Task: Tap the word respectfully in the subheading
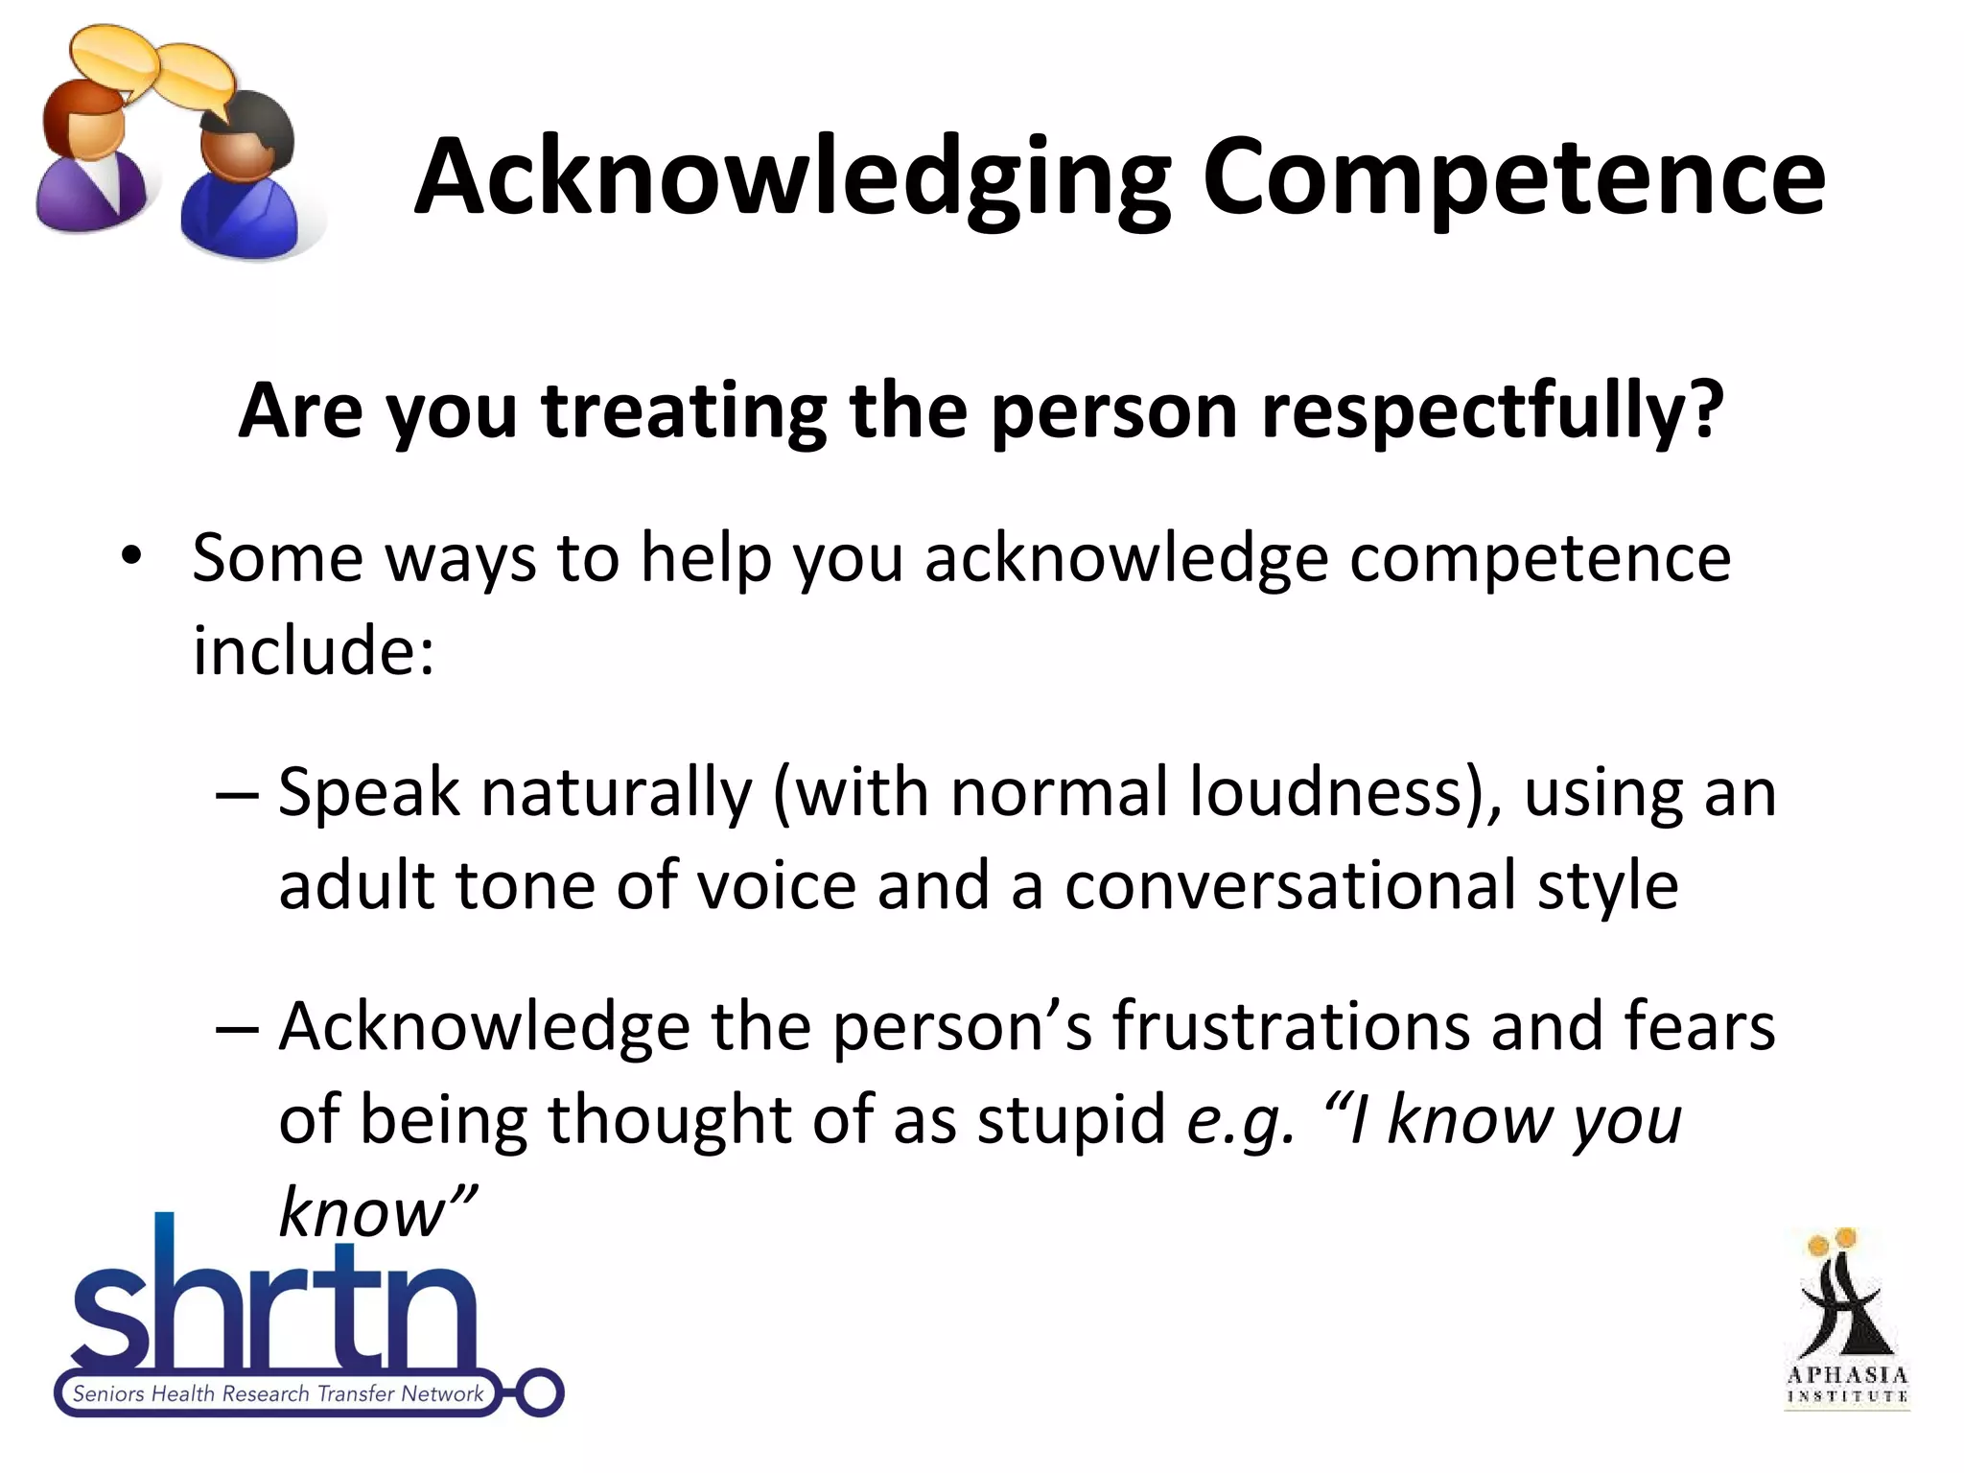click(x=1491, y=412)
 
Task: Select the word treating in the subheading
click(x=684, y=412)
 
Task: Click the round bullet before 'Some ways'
click(x=131, y=556)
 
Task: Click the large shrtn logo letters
click(x=273, y=1304)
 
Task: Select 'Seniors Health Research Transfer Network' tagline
click(x=278, y=1393)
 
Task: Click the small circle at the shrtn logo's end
click(x=539, y=1392)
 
